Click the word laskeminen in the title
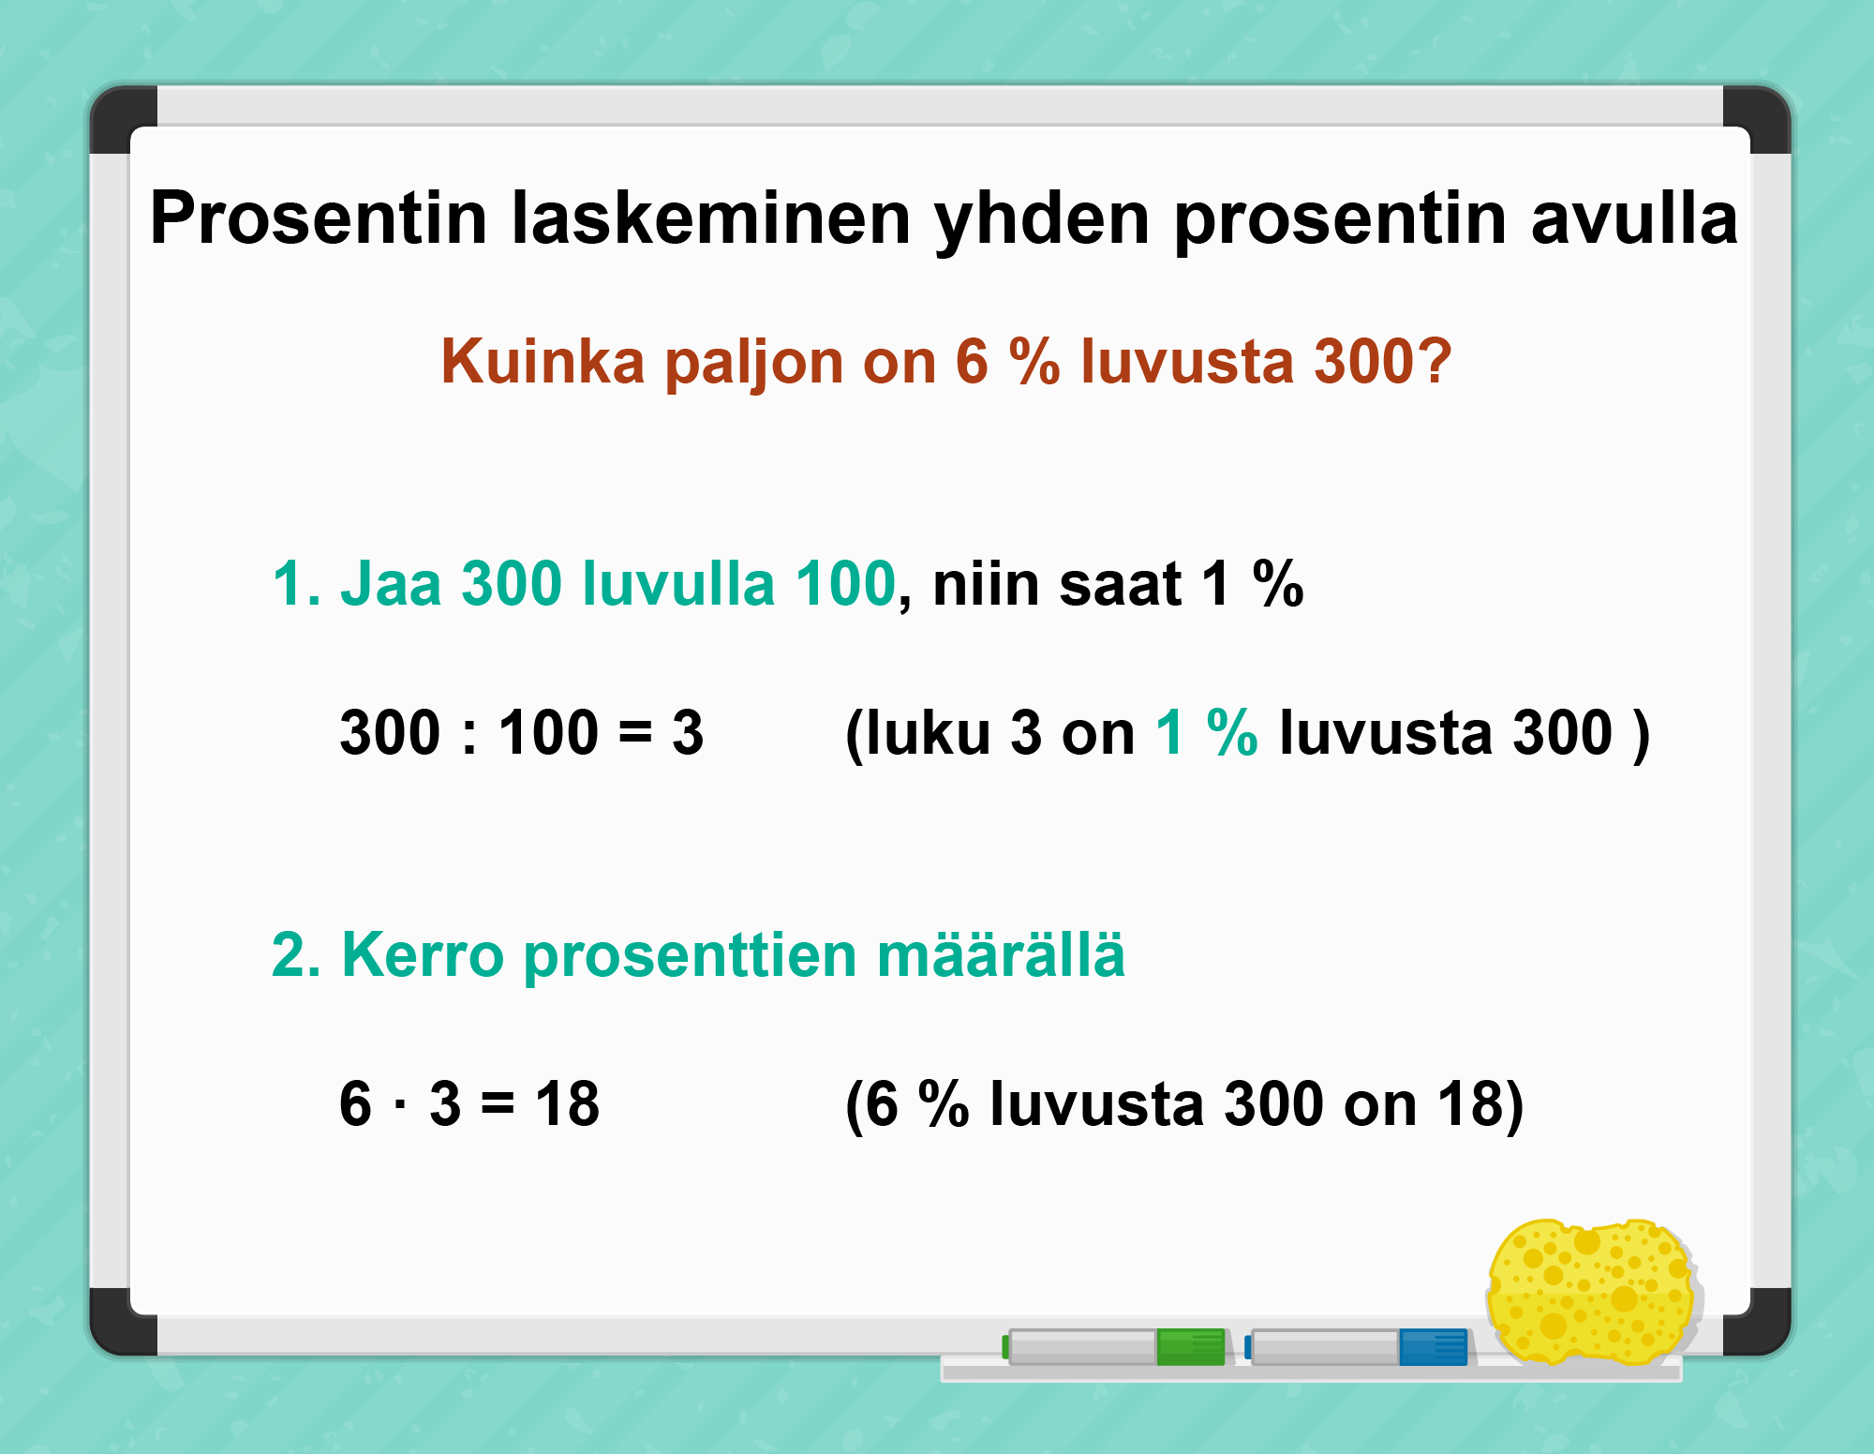pos(711,217)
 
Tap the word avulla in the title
pos(1634,217)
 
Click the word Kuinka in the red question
pos(543,361)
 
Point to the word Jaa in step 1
pos(390,583)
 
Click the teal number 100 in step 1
pos(846,583)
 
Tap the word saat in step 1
pos(1121,583)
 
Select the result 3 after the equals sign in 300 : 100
pos(687,732)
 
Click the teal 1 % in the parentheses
pos(1207,732)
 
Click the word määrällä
pos(1001,954)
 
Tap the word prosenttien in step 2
pos(691,957)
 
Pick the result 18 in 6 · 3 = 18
pos(567,1103)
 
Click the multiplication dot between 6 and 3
pos(400,1104)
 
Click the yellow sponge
pos(1593,1291)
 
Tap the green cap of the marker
pos(1191,1347)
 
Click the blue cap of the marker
pos(1433,1347)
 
